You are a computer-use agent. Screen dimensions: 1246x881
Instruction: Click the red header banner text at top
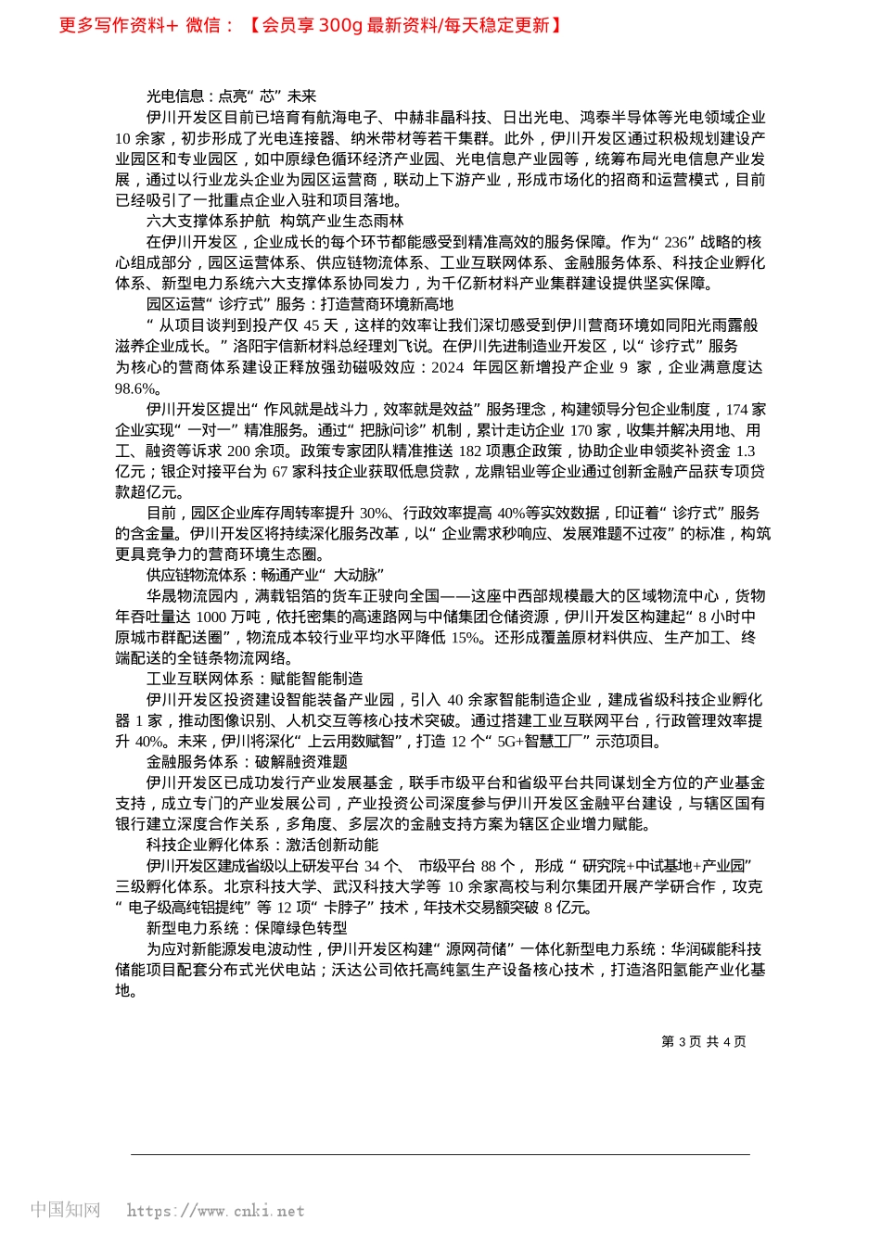(310, 25)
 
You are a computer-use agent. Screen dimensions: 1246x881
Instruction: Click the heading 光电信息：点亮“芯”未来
(231, 95)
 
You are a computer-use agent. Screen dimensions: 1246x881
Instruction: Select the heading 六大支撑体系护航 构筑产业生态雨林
(275, 221)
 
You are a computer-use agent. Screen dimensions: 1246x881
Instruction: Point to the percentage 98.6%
(136, 388)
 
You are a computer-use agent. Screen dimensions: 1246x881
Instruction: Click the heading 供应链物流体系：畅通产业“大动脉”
(264, 575)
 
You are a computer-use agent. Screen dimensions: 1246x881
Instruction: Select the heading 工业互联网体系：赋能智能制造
(254, 679)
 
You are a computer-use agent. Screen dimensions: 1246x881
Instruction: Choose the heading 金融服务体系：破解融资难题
(247, 762)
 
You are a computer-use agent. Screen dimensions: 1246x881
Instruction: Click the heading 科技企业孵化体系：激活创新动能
(262, 845)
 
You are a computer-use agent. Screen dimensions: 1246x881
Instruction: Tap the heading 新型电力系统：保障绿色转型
(247, 928)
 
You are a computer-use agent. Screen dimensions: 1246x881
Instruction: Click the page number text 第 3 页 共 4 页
(703, 1041)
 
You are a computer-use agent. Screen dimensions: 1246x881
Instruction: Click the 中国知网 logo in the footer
(65, 1210)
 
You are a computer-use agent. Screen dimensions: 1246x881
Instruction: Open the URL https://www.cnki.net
(215, 1211)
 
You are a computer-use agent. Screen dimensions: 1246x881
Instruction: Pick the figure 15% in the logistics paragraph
(466, 637)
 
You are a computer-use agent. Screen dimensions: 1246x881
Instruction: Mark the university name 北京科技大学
(269, 886)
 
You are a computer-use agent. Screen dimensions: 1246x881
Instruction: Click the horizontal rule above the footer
(440, 1154)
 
